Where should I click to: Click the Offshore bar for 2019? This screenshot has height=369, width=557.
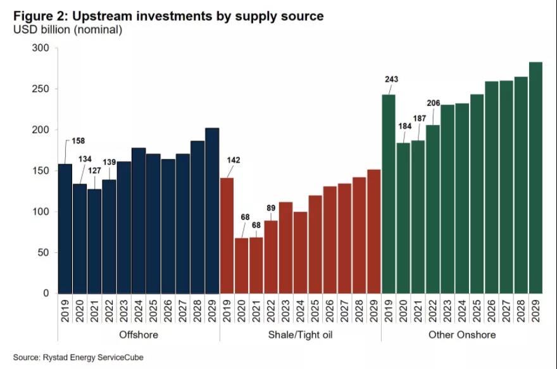[65, 228]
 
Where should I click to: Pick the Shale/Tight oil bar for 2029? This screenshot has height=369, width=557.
[373, 231]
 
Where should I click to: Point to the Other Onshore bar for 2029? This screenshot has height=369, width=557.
[535, 178]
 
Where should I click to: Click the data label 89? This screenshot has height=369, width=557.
[271, 207]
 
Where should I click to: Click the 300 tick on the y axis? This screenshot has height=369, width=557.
[40, 48]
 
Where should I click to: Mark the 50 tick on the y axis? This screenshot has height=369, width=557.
[42, 252]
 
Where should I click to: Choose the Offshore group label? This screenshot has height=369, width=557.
[139, 334]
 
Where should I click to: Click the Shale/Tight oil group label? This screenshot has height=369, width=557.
[300, 334]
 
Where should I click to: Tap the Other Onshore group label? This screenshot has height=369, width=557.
[462, 334]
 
